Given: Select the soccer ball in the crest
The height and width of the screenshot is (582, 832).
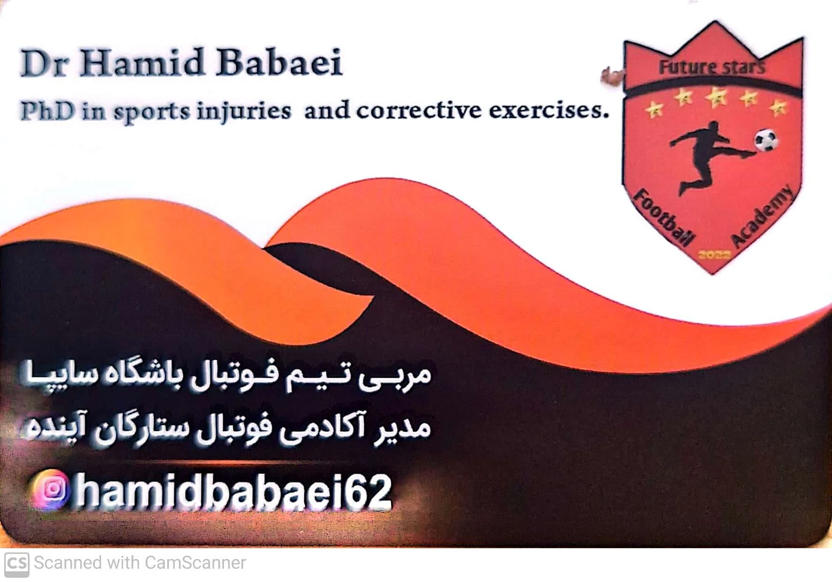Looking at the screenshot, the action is (x=765, y=140).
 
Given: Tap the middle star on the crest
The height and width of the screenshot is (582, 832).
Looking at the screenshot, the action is (x=716, y=97).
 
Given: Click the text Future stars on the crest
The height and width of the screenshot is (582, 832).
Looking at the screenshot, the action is (x=712, y=68).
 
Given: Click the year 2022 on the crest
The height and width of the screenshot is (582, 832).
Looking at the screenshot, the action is (x=714, y=254).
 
